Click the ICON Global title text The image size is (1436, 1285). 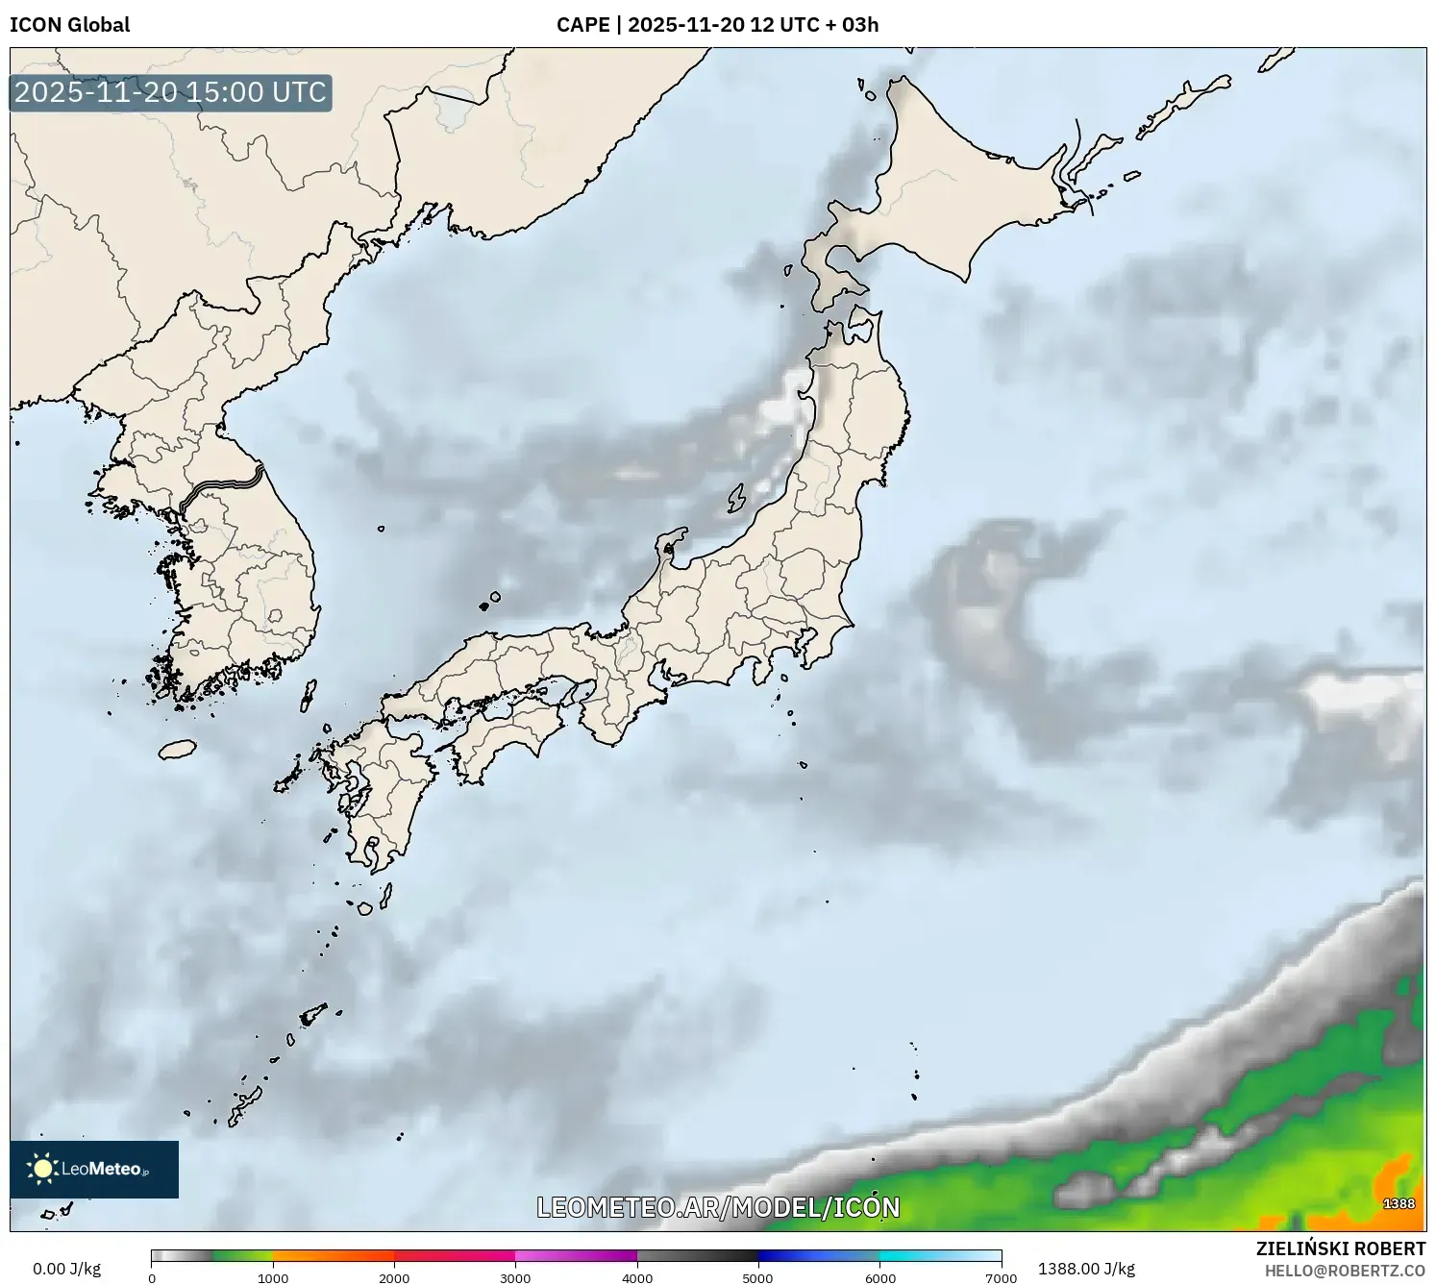coord(69,25)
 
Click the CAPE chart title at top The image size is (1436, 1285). coord(717,25)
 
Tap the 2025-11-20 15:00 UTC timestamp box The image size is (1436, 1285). coord(170,92)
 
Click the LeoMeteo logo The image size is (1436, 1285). coord(94,1169)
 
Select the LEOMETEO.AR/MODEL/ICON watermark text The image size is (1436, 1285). coord(718,1207)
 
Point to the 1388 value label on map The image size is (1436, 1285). coord(1399,1203)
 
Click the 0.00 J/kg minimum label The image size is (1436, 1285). coord(66,1269)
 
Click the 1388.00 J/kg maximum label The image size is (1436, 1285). coord(1086,1269)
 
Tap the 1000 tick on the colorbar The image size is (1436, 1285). coord(273,1277)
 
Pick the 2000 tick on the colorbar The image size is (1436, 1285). coord(394,1277)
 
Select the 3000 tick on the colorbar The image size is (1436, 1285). coord(515,1277)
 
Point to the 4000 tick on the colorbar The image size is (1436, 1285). coord(637,1277)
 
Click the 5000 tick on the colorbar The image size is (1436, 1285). coord(758,1277)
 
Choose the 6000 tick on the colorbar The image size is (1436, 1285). coord(879,1277)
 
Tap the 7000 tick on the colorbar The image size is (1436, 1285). coord(1001,1277)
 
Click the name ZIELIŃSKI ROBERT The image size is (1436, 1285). coord(1341,1248)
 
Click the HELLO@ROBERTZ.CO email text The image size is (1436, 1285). coord(1345,1271)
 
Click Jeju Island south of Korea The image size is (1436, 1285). coord(177,749)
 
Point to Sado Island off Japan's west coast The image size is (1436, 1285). coord(736,499)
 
